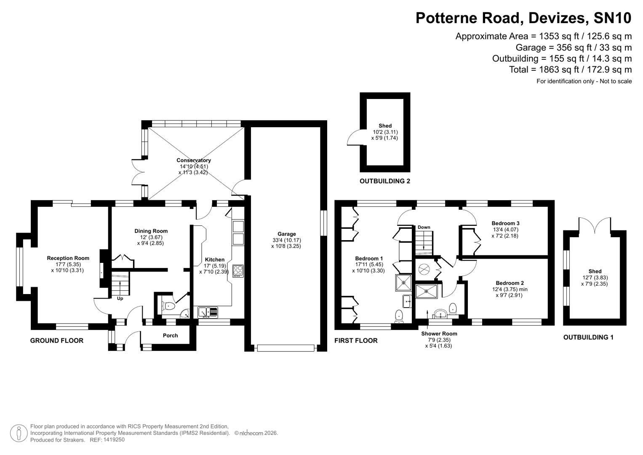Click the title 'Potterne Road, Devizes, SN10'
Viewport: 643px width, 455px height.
pos(523,18)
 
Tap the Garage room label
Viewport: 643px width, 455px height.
pos(286,234)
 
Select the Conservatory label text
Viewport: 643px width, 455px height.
pos(193,161)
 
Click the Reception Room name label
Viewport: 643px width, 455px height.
pos(68,258)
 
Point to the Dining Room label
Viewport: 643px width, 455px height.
pos(151,231)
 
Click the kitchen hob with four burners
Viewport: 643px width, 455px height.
pos(238,270)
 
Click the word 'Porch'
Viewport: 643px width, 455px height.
pos(170,336)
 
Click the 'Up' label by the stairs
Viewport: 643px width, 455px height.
pos(120,299)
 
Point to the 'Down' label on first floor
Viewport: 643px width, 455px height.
pos(424,227)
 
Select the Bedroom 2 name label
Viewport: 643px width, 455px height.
pos(510,283)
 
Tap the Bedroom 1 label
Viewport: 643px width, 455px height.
pos(369,259)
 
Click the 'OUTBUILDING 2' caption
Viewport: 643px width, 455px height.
pos(384,182)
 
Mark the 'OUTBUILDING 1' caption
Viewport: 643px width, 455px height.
pos(588,337)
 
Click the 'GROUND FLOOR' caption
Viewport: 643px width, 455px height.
pos(56,341)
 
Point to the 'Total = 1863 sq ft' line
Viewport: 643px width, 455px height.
pos(570,70)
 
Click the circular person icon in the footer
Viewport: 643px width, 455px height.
pos(19,434)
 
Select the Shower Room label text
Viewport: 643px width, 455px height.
pos(439,334)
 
